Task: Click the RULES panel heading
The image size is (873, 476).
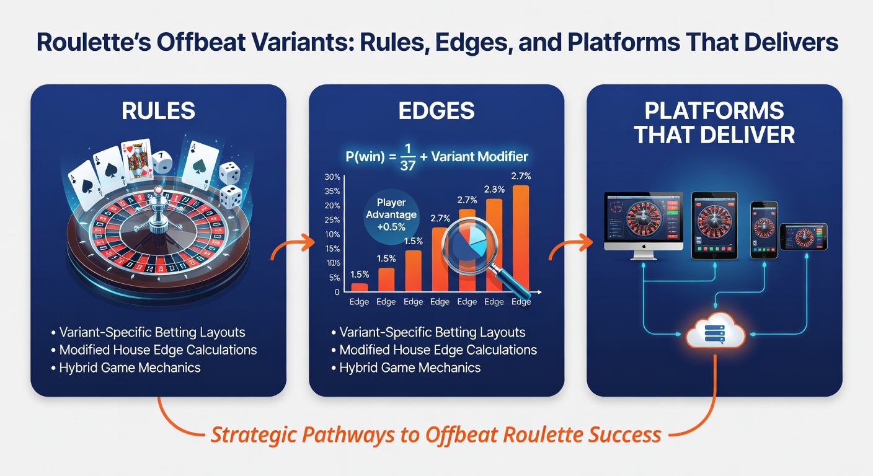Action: [x=158, y=110]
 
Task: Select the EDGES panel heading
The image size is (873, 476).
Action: [x=436, y=110]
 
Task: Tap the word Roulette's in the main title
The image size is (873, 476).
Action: [x=94, y=42]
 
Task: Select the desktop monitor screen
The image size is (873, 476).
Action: [x=644, y=221]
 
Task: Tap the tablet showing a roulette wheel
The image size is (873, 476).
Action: [x=714, y=225]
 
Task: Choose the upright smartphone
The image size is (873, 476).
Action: [x=764, y=230]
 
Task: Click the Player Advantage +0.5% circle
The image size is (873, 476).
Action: [x=391, y=214]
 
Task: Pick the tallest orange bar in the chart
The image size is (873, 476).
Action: [x=521, y=239]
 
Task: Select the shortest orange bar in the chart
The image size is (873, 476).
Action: [x=360, y=288]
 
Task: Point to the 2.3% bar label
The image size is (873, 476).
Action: [x=494, y=189]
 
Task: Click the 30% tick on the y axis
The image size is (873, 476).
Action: [x=332, y=177]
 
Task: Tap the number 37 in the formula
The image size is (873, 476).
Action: [x=407, y=166]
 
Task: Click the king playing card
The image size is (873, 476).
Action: [x=136, y=160]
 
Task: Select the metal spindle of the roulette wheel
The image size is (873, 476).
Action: [x=159, y=210]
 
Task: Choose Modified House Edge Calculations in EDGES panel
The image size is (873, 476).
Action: [x=434, y=350]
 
